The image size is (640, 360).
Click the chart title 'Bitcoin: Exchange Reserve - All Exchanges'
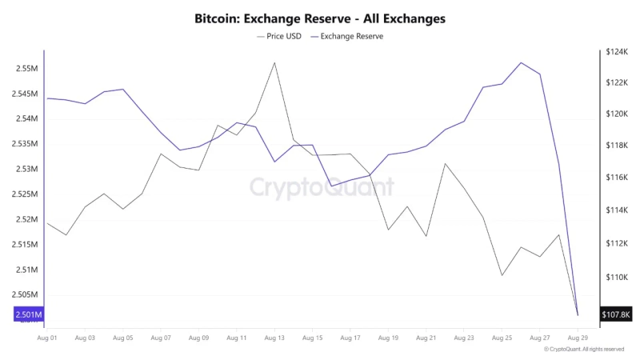[x=319, y=18]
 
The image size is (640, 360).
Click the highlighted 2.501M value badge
[x=24, y=314]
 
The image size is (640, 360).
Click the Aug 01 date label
[x=47, y=338]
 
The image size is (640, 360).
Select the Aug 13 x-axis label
[x=274, y=338]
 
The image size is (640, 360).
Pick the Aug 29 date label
[x=578, y=338]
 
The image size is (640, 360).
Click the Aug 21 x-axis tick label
[x=426, y=338]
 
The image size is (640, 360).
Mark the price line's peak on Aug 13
[x=274, y=62]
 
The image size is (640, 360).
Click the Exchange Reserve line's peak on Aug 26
[x=521, y=62]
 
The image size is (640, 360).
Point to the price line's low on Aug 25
[x=502, y=275]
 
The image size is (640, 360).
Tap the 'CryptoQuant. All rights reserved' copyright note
[x=584, y=350]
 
